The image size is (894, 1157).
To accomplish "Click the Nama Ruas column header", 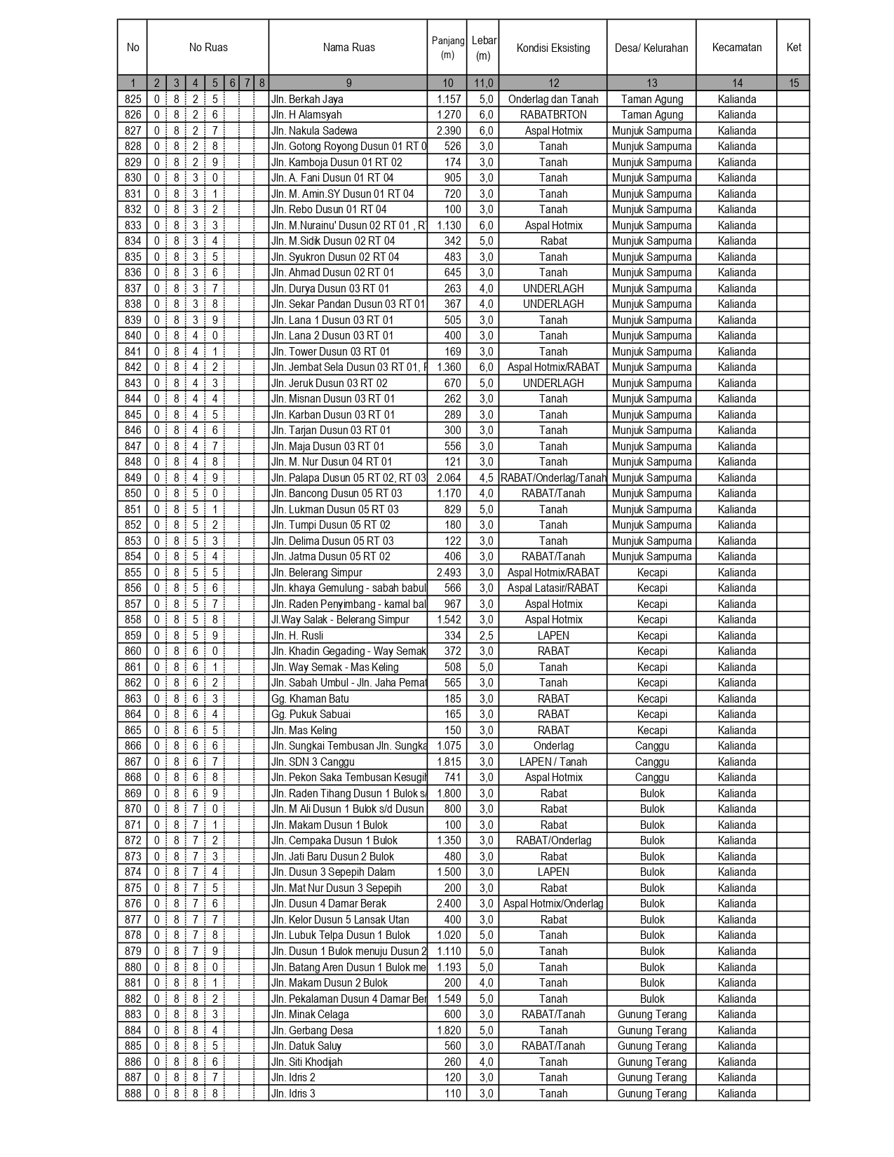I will (348, 48).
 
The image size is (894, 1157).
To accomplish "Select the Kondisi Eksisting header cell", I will (553, 48).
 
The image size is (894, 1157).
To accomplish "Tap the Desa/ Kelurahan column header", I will (651, 48).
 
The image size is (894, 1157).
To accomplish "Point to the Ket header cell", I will (793, 48).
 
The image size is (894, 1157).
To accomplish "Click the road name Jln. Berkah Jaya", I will (307, 100).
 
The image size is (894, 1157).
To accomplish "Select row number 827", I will (133, 131).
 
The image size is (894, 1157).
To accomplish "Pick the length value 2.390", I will (449, 131).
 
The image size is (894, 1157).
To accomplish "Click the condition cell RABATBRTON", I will (553, 115).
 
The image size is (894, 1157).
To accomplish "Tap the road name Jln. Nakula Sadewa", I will (314, 131).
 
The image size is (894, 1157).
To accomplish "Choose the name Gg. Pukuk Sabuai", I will (311, 715).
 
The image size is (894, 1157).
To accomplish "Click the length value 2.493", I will (449, 573).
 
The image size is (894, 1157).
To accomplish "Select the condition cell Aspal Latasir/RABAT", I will (553, 588).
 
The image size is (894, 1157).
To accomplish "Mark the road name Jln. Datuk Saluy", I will (306, 1046).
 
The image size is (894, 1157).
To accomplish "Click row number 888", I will (133, 1094).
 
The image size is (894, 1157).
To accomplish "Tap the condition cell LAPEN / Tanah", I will (553, 762).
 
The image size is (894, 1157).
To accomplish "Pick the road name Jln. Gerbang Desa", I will (312, 1031).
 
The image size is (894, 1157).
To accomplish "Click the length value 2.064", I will (449, 478).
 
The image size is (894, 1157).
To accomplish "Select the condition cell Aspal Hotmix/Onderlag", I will (553, 904).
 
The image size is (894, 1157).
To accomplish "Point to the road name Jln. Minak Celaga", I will (310, 1015).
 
